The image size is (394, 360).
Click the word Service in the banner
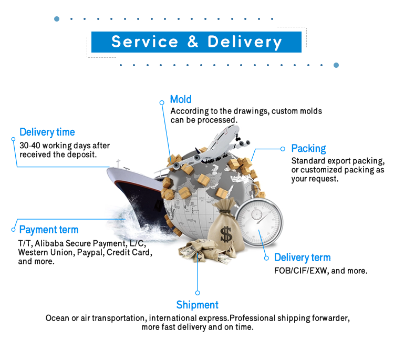[145, 42]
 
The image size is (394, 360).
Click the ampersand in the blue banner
[193, 42]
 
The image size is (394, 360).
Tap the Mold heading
[181, 99]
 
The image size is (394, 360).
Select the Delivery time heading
[47, 132]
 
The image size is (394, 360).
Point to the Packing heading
[308, 149]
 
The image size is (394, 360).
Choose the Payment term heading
[49, 230]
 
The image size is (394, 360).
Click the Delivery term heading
[302, 258]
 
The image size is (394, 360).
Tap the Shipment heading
[197, 305]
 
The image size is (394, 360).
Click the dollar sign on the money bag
[226, 234]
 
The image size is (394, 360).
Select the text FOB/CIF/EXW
[301, 271]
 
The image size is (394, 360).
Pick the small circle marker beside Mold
[162, 102]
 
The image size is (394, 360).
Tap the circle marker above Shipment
[198, 293]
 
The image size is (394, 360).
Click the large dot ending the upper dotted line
[57, 19]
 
